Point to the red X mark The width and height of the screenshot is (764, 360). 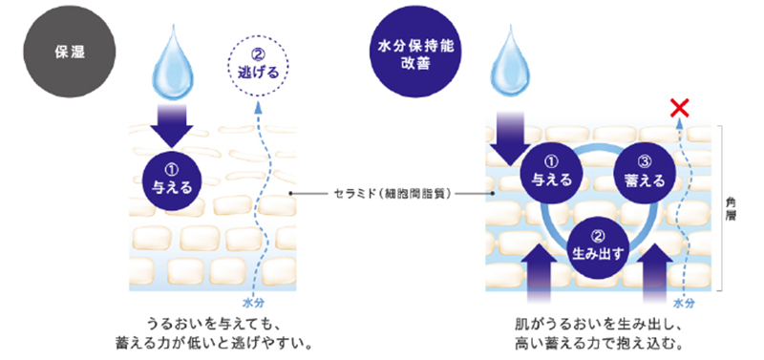click(680, 107)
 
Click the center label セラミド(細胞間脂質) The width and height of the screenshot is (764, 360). click(392, 193)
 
